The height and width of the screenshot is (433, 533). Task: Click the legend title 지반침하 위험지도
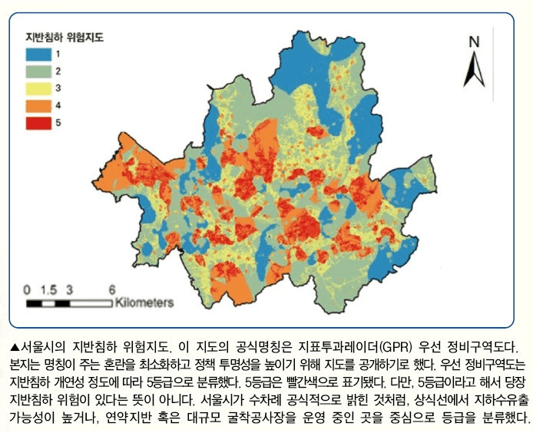pyautogui.click(x=65, y=36)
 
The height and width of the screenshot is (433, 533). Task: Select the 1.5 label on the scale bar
pyautogui.click(x=48, y=289)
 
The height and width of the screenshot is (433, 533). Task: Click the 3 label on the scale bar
pyautogui.click(x=70, y=289)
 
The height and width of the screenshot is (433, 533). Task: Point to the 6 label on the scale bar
pyautogui.click(x=112, y=289)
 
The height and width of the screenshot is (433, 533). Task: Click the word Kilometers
pyautogui.click(x=145, y=302)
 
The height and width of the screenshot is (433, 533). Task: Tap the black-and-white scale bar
pyautogui.click(x=70, y=302)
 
